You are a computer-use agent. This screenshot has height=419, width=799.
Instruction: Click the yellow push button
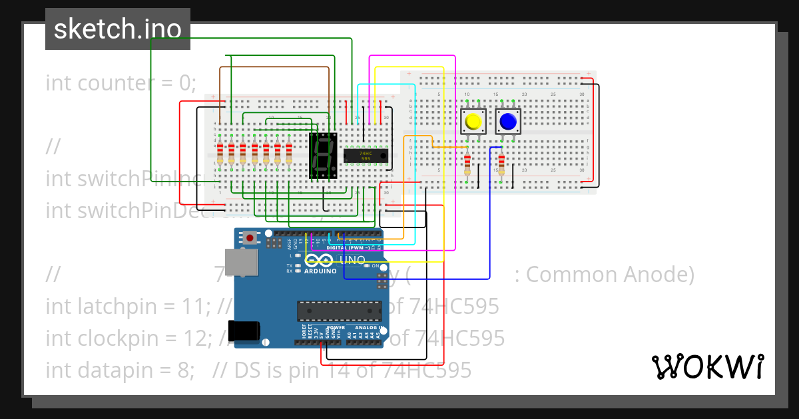coord(473,122)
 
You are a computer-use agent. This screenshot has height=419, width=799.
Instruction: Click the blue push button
coord(507,122)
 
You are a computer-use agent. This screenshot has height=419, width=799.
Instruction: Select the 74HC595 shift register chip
coord(366,154)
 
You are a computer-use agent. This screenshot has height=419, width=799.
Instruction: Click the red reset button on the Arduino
coord(249,237)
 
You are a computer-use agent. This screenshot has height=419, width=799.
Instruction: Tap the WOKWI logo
coord(707,366)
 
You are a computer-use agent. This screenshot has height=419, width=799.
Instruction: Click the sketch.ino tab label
coord(117,29)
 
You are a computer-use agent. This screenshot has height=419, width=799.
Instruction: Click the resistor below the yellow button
coord(467,163)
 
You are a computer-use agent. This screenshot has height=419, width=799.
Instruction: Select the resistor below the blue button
coord(501,163)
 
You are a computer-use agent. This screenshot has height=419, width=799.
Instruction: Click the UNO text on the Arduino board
coord(352,259)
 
